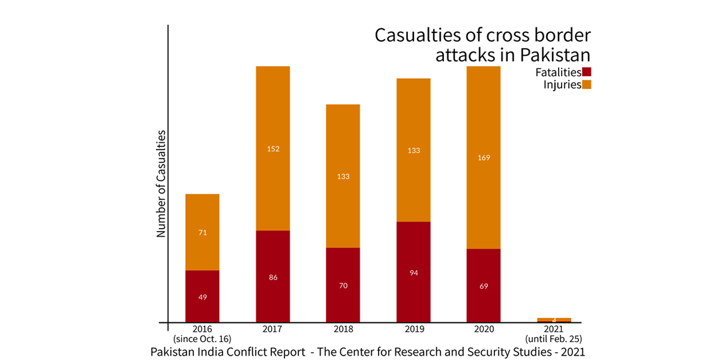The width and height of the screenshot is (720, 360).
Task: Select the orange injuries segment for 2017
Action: (273, 120)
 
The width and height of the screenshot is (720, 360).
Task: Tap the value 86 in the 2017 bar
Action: (273, 277)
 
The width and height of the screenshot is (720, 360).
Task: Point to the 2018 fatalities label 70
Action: (343, 286)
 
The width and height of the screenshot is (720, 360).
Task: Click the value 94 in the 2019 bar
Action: (413, 273)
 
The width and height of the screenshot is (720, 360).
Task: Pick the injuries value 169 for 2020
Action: (484, 158)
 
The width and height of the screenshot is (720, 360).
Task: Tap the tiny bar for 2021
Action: (554, 320)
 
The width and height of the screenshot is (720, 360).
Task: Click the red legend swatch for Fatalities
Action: (587, 73)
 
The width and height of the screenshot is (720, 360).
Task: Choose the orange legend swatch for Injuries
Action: (587, 85)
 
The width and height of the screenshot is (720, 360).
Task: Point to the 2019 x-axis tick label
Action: (413, 329)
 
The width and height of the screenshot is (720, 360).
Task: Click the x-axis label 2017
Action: (273, 329)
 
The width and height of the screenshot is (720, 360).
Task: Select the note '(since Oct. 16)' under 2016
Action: (202, 339)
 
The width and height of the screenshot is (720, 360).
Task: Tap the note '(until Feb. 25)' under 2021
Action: (554, 339)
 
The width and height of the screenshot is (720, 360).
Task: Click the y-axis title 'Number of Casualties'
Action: (161, 183)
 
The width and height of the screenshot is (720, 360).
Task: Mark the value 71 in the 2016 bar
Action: (202, 232)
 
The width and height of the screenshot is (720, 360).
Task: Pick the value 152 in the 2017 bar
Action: (273, 148)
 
